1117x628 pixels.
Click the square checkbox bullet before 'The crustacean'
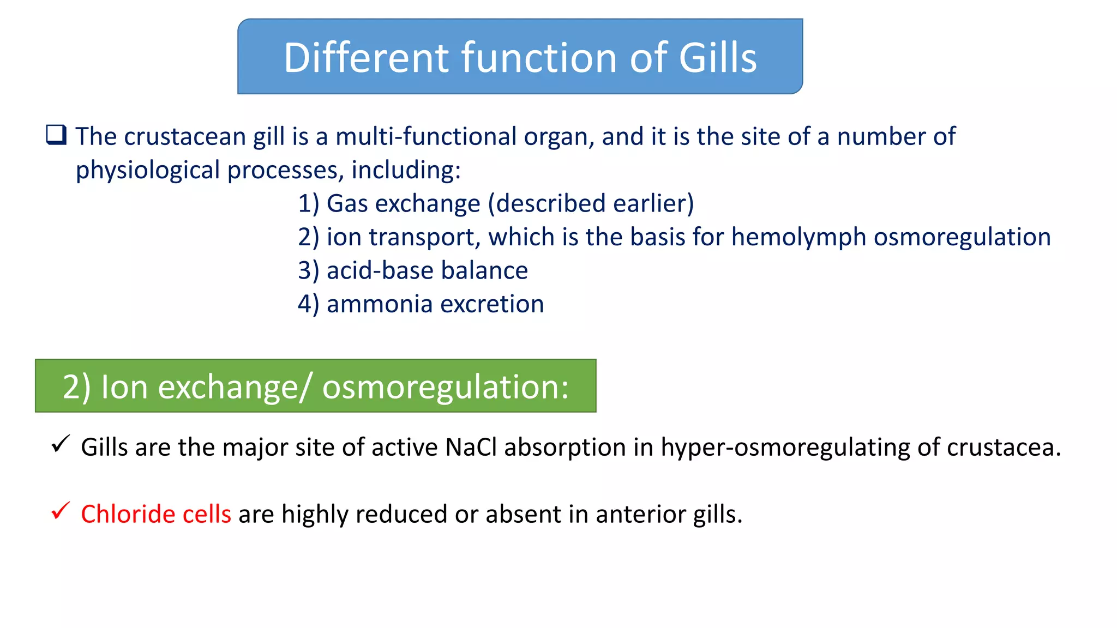(x=56, y=135)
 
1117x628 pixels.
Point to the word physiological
(x=147, y=170)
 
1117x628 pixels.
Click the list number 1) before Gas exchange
(x=308, y=204)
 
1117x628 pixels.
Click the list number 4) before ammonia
(x=308, y=304)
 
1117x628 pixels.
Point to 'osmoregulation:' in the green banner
(x=445, y=387)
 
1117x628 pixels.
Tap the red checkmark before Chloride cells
(x=60, y=511)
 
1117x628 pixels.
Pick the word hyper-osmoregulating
(x=785, y=448)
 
